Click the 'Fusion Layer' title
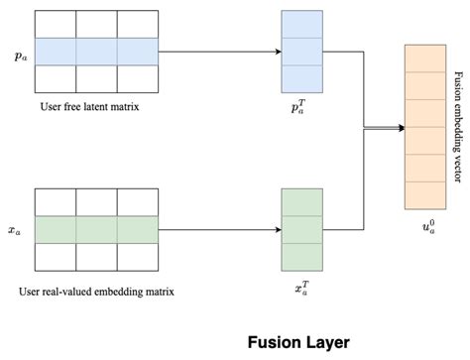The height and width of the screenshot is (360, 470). tap(298, 342)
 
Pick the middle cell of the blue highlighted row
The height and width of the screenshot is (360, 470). tap(96, 52)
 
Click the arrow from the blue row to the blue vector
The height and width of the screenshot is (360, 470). tap(218, 52)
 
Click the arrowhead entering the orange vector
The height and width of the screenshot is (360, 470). tap(400, 127)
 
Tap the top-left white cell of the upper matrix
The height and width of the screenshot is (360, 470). tap(56, 25)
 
